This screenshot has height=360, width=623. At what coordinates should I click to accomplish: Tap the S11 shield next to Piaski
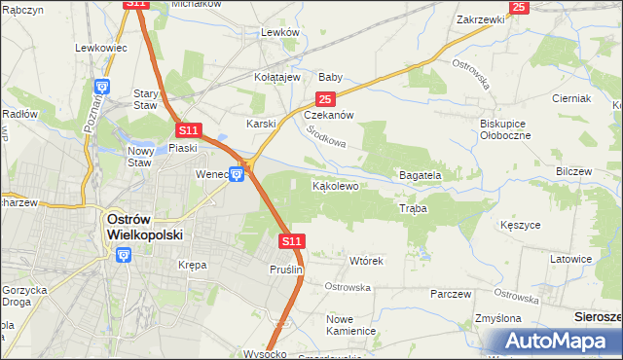[189, 129]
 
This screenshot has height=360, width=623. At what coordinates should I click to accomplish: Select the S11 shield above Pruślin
[291, 240]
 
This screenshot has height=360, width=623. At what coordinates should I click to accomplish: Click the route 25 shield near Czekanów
[325, 99]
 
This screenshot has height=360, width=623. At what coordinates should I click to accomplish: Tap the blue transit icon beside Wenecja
[237, 174]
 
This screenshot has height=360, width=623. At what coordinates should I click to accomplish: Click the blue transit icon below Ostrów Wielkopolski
[123, 255]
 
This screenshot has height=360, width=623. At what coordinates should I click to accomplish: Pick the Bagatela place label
[421, 175]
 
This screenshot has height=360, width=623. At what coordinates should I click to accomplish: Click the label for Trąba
[413, 208]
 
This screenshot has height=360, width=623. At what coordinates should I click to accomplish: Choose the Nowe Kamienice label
[351, 325]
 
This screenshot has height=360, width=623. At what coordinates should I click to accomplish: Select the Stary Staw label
[145, 100]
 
